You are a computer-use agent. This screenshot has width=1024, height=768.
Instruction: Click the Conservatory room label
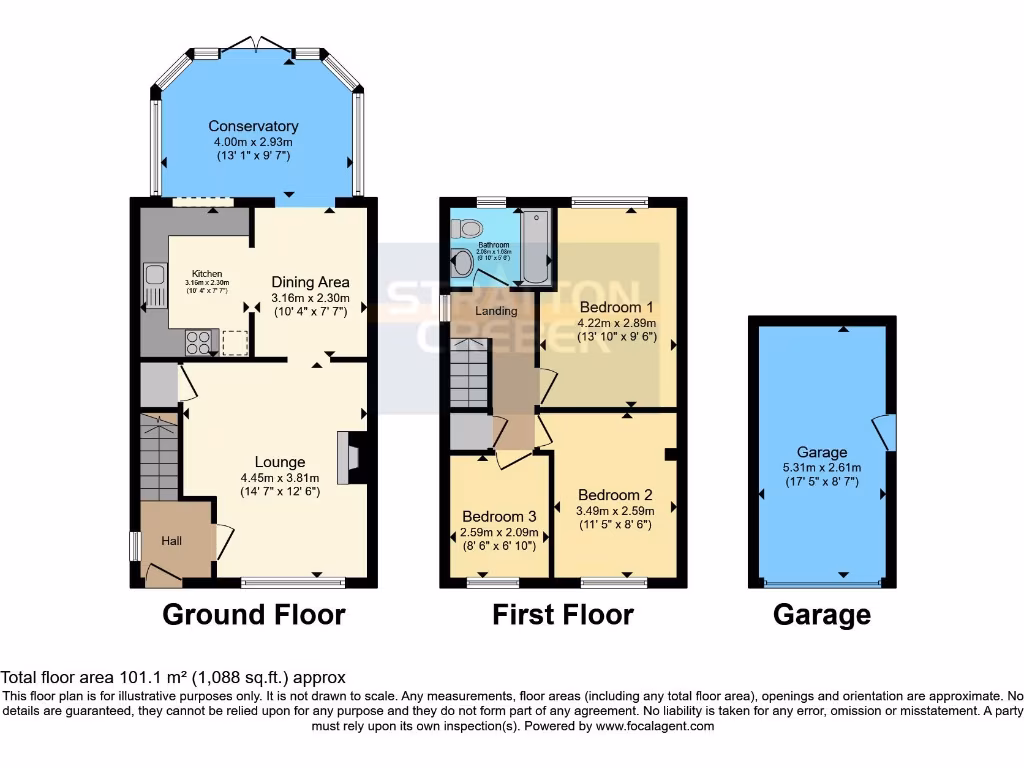tap(253, 126)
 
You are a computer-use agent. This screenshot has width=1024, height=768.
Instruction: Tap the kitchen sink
tap(154, 284)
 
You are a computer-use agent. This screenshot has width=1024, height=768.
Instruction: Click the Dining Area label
tap(310, 283)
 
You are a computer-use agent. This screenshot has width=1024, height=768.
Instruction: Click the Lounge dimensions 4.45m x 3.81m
tap(280, 477)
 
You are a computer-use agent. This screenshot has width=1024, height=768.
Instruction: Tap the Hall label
tap(172, 541)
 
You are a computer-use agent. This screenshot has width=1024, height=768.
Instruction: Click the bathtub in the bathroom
tap(535, 248)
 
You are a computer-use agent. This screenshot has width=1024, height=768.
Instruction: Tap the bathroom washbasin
tap(462, 264)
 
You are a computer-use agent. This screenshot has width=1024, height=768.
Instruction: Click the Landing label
tap(496, 311)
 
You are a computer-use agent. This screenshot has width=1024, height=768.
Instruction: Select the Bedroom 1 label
tap(616, 307)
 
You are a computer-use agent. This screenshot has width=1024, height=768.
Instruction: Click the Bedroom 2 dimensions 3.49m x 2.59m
tap(615, 511)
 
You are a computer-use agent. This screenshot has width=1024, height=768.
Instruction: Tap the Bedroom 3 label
tap(499, 516)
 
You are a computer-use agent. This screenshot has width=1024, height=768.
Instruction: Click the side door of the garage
tap(884, 432)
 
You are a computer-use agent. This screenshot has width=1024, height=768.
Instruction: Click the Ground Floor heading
tap(254, 614)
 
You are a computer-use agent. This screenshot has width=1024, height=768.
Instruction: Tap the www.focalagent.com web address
tap(655, 726)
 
